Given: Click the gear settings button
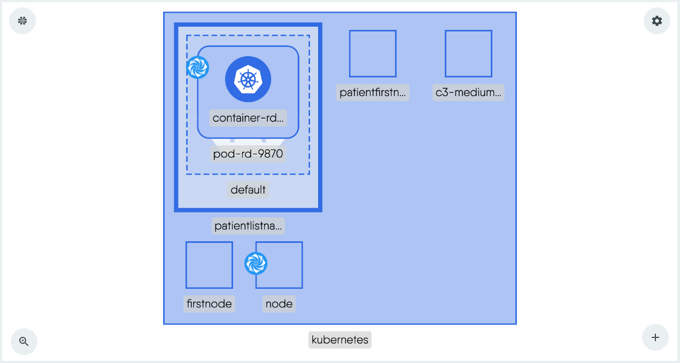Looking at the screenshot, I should click(656, 21).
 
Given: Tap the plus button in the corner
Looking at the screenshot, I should click(655, 337).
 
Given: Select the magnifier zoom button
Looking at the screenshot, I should click(24, 342).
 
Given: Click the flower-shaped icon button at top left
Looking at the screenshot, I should click(22, 21).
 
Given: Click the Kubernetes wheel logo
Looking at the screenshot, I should click(248, 79).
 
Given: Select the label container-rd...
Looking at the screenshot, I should click(248, 118).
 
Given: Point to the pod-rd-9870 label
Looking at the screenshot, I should click(248, 154).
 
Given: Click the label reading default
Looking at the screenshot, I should click(248, 190).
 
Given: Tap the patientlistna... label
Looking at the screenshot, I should click(248, 226).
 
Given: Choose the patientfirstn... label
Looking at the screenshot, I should click(373, 92).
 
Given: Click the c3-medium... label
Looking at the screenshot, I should click(468, 92).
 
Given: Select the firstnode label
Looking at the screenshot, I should click(209, 304).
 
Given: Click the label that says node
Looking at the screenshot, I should click(279, 304).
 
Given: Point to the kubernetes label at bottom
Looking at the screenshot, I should click(340, 340).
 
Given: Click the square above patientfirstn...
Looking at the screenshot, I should click(373, 53).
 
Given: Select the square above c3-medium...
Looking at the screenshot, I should click(468, 53).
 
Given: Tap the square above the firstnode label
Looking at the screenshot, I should click(209, 265).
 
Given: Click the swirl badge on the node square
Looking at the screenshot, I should click(256, 264).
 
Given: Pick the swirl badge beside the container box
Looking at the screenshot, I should click(197, 68).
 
